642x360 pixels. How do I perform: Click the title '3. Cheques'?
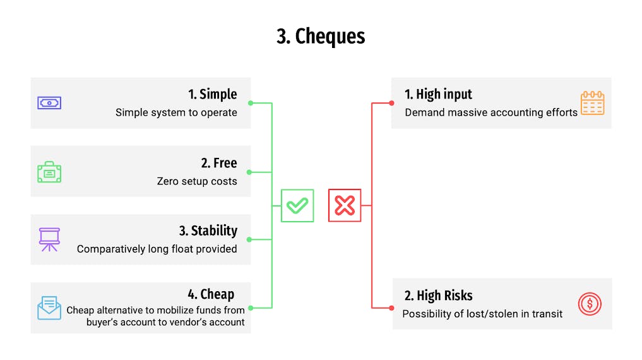click(321, 37)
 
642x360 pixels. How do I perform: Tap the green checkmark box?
click(297, 206)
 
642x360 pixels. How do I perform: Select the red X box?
click(345, 206)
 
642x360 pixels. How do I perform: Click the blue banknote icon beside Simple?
click(49, 103)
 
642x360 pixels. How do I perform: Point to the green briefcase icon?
click(49, 172)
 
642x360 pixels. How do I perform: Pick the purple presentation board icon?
click(49, 239)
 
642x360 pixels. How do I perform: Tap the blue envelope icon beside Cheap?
click(49, 308)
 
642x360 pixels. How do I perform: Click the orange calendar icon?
click(593, 103)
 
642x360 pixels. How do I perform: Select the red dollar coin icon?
click(590, 304)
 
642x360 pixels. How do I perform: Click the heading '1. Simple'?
click(213, 94)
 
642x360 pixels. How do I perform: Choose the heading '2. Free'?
click(219, 163)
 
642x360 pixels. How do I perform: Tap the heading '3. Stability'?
click(208, 231)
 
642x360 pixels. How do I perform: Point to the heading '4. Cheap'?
click(211, 294)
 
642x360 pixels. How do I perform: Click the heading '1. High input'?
click(438, 94)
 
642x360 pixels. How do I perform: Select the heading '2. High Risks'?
click(439, 296)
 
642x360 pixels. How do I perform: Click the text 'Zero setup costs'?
click(197, 181)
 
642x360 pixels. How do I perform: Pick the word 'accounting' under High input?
click(518, 112)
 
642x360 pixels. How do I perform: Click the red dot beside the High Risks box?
click(392, 308)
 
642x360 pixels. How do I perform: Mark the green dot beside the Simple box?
click(251, 103)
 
